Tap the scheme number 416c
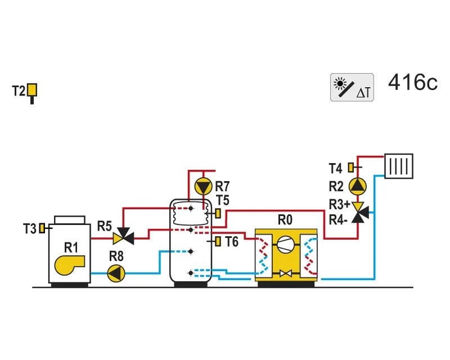tap(413, 82)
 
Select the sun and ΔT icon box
tap(352, 87)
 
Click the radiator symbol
tap(399, 166)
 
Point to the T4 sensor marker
tap(351, 168)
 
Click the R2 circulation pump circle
tap(358, 186)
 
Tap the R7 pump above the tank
tap(203, 187)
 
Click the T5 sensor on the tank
tap(218, 213)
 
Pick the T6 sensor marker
tap(218, 241)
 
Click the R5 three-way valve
tap(124, 236)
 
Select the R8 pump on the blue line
tap(116, 273)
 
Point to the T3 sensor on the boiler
tap(42, 228)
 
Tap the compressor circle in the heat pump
tap(286, 244)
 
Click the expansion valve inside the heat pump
tap(286, 273)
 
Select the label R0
tap(285, 220)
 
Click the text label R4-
tap(338, 220)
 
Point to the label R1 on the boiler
tap(71, 247)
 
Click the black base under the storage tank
tap(191, 285)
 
